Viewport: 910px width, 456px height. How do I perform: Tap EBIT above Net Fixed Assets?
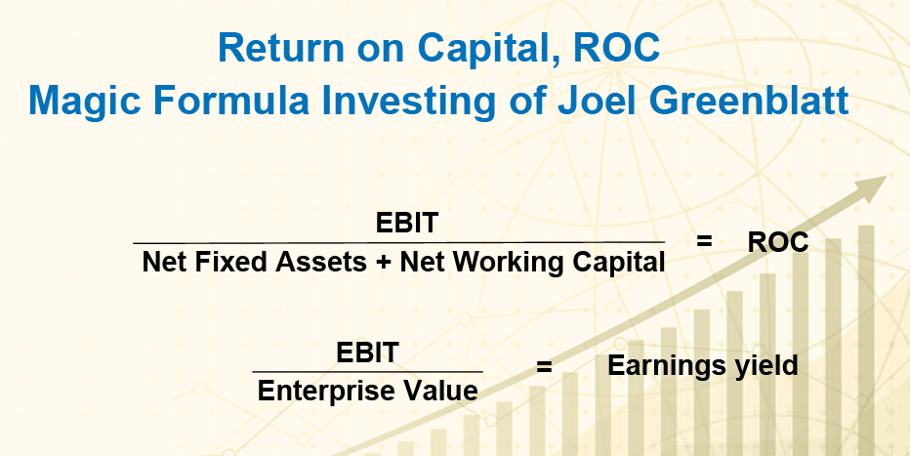406,223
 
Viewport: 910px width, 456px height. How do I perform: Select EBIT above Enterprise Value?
367,352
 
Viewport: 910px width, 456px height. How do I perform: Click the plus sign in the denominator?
383,263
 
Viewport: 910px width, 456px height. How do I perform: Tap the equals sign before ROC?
704,240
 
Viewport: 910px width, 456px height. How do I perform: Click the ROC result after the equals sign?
777,242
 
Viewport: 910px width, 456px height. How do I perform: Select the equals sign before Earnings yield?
544,367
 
